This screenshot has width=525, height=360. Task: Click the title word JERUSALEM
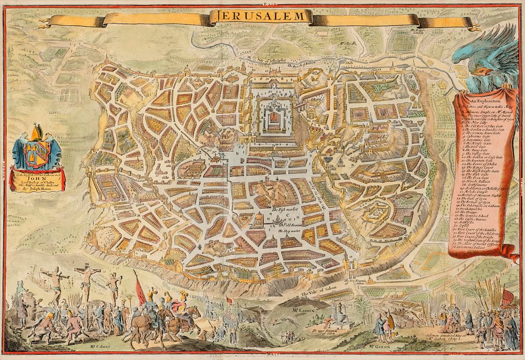coord(260,16)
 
